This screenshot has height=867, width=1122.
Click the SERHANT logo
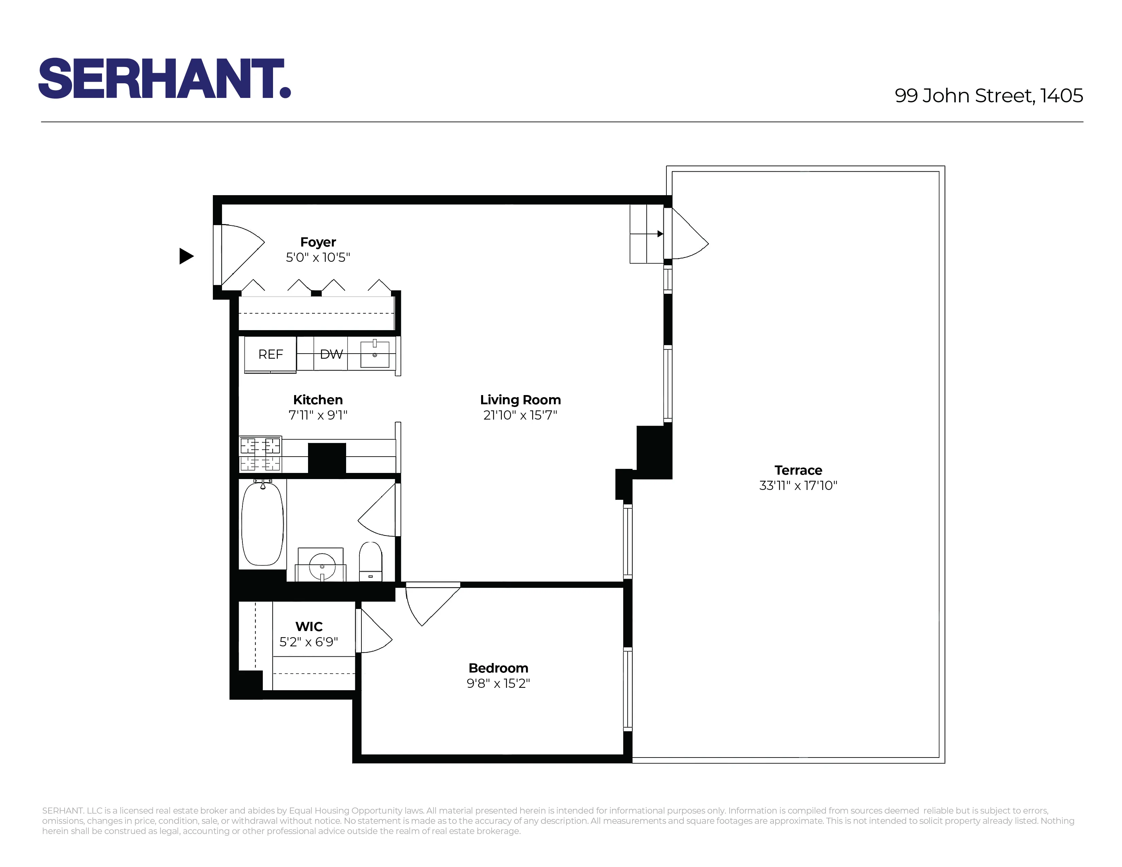[165, 78]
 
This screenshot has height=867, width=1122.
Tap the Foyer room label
[318, 242]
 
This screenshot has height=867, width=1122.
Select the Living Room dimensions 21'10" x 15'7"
[520, 415]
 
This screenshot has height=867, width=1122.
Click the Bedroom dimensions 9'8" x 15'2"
[498, 683]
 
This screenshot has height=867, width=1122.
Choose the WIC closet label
[309, 627]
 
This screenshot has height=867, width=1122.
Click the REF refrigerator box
[270, 354]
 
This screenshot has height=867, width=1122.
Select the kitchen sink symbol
[375, 354]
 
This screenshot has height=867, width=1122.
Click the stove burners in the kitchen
[260, 454]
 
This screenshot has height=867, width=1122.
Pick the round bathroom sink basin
[322, 566]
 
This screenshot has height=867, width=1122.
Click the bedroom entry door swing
[430, 605]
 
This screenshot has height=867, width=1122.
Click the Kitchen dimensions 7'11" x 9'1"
[318, 415]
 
